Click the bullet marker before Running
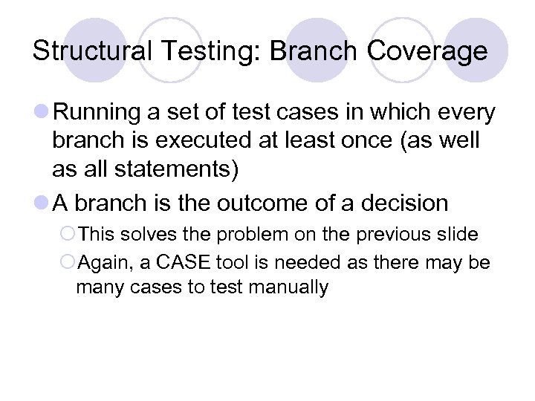coord(42,113)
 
